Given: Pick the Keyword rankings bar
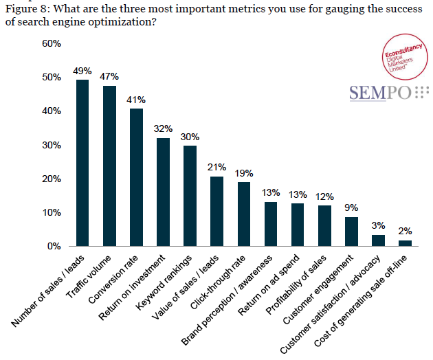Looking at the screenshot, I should [x=190, y=196].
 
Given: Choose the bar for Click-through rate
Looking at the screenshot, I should [x=243, y=214].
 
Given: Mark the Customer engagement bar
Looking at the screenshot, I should [x=351, y=232].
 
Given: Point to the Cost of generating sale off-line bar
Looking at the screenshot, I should [x=405, y=243].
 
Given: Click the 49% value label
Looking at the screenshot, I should [x=82, y=71].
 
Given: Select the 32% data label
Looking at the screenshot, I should [x=163, y=129].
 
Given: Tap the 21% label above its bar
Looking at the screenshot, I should [x=216, y=168].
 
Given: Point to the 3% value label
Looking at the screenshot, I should [x=378, y=225].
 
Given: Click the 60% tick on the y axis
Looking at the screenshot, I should [x=52, y=43].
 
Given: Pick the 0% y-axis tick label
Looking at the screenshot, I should [x=54, y=246].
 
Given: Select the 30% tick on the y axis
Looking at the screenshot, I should [x=52, y=145].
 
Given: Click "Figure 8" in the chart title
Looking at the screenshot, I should [x=27, y=9].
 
